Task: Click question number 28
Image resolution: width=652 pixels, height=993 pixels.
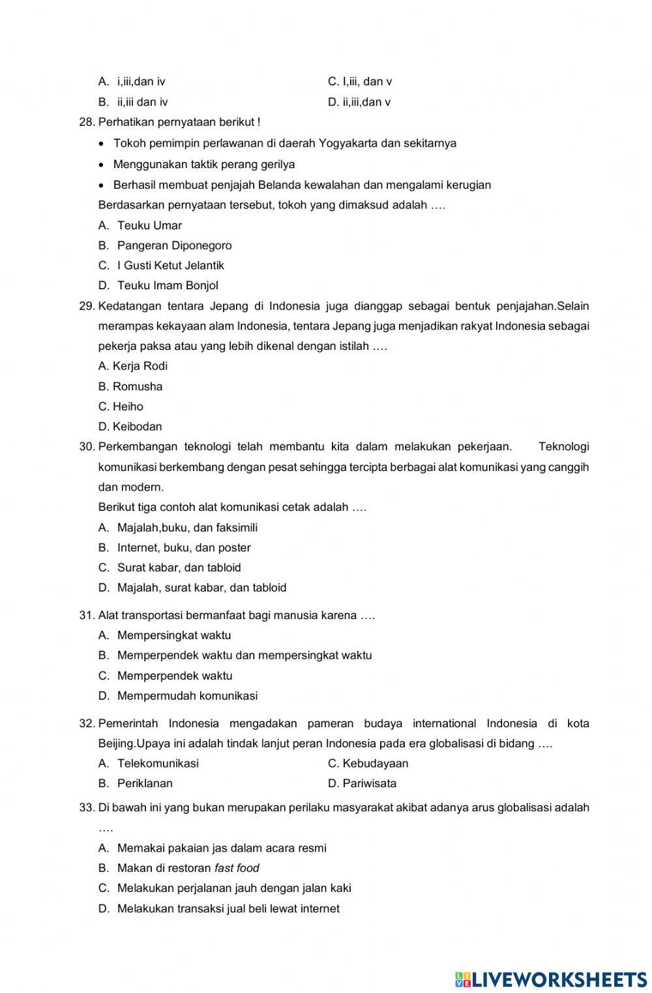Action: [x=87, y=122]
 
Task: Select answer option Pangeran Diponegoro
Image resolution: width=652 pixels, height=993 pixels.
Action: [x=174, y=246]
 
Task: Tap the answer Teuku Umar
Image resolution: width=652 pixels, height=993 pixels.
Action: [x=149, y=225]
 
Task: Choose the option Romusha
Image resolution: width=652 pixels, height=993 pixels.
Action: [x=137, y=386]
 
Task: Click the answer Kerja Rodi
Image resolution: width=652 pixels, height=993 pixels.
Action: [x=140, y=366]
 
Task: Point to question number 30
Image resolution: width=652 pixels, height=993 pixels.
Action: [x=87, y=447]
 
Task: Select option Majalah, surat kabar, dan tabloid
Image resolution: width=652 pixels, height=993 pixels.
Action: [x=201, y=588]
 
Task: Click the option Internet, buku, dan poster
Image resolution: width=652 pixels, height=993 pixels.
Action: [x=183, y=548]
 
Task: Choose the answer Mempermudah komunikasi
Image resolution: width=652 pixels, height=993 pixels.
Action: [x=187, y=696]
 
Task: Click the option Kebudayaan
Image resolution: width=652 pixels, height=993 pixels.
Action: [x=375, y=764]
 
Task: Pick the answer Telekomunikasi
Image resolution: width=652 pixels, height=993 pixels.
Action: [x=158, y=764]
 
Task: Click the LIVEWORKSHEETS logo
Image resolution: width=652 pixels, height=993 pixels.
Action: [x=551, y=978]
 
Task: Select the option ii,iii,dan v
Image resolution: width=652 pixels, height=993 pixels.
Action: [x=366, y=102]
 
